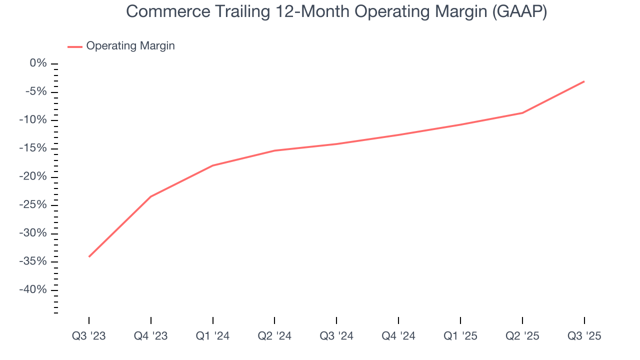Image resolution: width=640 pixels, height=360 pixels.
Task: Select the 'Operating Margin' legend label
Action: point(130,46)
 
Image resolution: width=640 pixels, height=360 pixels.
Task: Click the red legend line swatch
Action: point(75,46)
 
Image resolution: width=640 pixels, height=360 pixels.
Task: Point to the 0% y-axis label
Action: point(38,63)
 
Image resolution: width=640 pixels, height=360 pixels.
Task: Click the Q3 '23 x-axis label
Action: point(89,336)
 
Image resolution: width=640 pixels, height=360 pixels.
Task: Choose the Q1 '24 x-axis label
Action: point(213,336)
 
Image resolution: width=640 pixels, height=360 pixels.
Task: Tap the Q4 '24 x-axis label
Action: point(398,336)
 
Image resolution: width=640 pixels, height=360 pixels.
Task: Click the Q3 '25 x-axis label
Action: point(584,336)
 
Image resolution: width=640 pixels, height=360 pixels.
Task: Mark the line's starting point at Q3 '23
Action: point(89,256)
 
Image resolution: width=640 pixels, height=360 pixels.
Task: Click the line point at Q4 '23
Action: point(151,196)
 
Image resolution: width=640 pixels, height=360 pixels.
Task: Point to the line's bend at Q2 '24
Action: point(274,150)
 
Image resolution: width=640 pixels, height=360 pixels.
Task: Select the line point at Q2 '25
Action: point(522,113)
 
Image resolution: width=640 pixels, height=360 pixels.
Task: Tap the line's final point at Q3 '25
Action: point(584,81)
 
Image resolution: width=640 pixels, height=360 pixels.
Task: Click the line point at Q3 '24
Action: point(336,144)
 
